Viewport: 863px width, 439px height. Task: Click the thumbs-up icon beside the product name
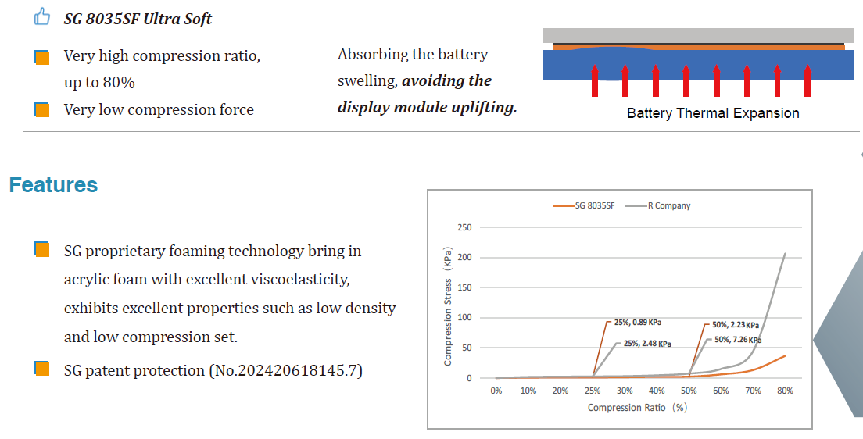(42, 17)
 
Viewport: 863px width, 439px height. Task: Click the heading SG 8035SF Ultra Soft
(138, 20)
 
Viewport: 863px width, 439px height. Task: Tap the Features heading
(53, 185)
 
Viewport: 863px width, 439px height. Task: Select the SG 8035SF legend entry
(584, 205)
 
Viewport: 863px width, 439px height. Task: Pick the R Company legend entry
(657, 205)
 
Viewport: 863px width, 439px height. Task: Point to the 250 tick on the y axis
(464, 227)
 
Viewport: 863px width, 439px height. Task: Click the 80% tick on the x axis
(785, 391)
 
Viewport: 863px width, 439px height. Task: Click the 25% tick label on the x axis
(593, 391)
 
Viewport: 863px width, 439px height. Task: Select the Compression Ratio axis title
(637, 408)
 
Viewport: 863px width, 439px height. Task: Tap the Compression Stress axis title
(447, 306)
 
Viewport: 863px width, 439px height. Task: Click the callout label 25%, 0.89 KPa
(638, 323)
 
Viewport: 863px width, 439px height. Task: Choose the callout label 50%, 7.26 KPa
(738, 340)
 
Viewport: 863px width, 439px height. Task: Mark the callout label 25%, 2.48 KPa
(647, 344)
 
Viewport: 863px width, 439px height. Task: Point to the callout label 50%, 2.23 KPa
(736, 325)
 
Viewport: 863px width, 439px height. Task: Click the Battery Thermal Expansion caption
(713, 113)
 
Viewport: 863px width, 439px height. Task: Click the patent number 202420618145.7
(297, 370)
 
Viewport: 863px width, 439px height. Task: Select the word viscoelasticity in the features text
(300, 280)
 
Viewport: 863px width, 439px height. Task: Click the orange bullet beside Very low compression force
(42, 109)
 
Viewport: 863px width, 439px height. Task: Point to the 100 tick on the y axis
(464, 317)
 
